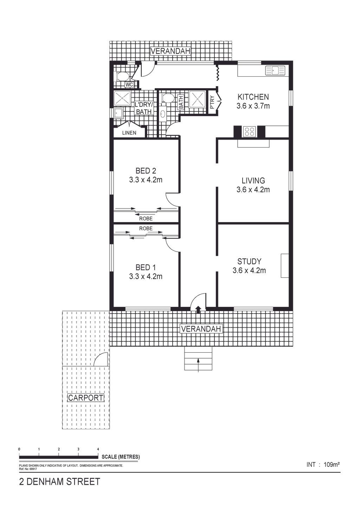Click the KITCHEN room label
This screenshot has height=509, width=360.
253,97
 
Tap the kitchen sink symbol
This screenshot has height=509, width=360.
275,70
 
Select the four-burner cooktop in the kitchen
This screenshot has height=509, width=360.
249,131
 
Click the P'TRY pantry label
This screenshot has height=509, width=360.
212,102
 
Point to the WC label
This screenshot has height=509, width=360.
129,84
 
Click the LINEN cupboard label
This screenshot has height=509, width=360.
129,133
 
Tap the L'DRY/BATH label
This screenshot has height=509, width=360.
144,108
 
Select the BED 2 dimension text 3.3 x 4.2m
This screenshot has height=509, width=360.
146,180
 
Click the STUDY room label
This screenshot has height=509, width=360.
249,262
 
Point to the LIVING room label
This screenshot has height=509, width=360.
253,181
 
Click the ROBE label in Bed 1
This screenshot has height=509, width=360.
146,228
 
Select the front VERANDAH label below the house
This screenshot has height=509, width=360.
201,329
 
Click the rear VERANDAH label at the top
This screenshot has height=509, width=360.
170,51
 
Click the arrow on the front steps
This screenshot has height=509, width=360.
198,365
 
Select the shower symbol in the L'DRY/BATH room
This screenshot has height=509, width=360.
122,98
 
